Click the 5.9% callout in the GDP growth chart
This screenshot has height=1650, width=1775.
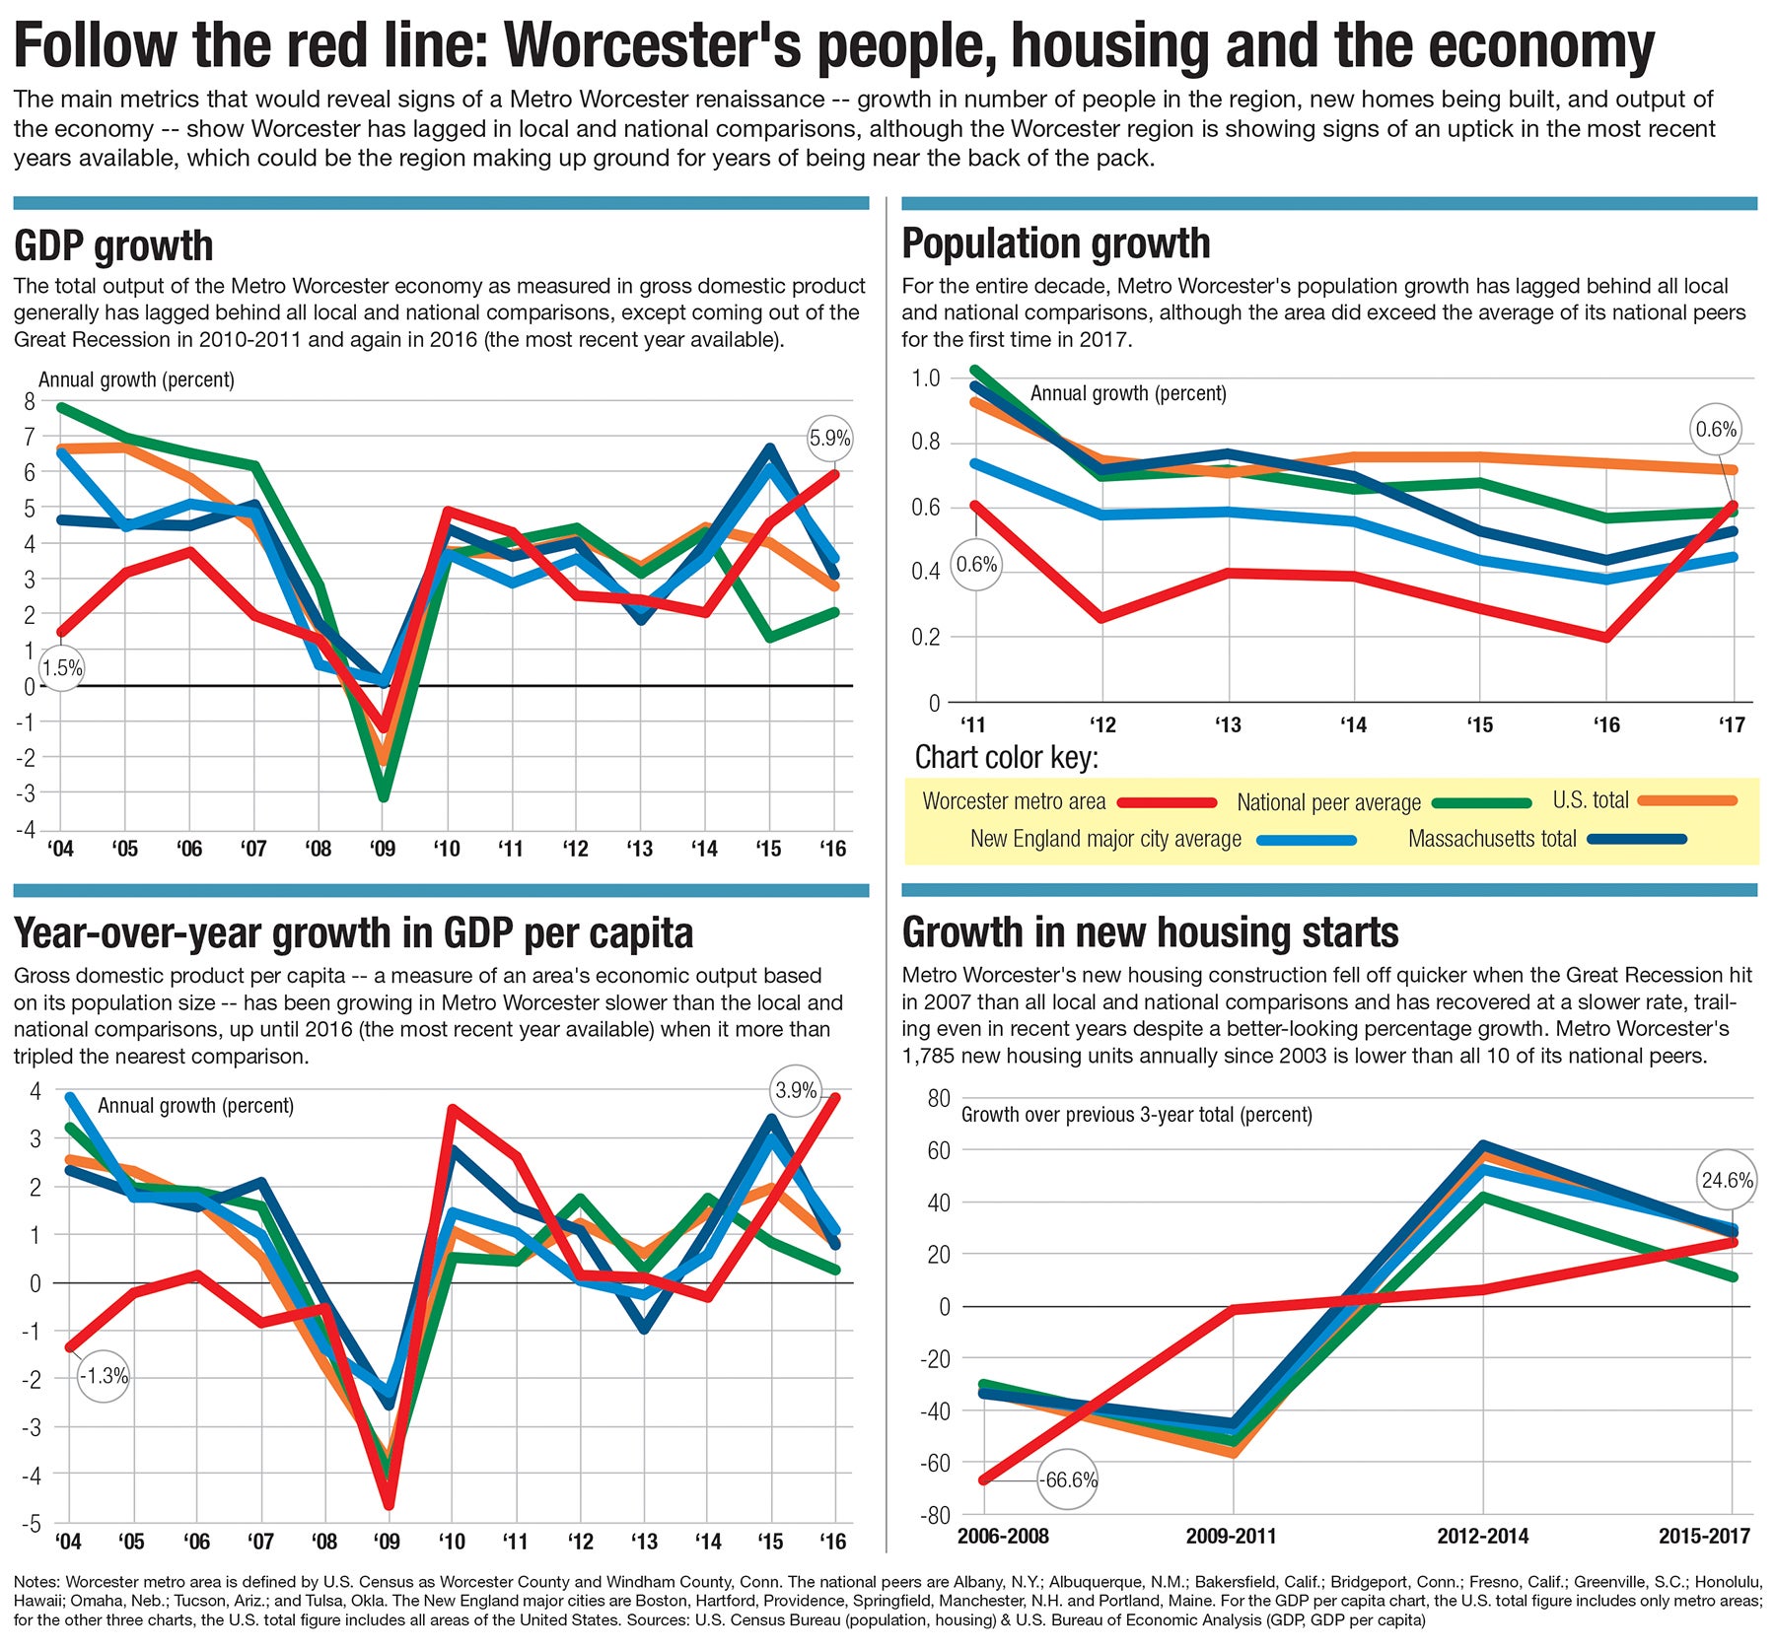[x=829, y=439]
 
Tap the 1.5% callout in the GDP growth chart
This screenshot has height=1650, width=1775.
[x=62, y=668]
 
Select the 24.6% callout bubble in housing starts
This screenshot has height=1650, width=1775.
[x=1727, y=1180]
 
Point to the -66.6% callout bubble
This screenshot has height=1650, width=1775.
[x=1068, y=1479]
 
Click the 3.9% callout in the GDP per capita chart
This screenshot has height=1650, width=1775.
[x=796, y=1090]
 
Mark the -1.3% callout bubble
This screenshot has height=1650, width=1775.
[x=104, y=1376]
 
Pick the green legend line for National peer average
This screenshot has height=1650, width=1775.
[x=1481, y=802]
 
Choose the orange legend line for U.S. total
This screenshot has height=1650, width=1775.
[x=1687, y=800]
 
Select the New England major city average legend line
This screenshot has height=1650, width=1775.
[x=1307, y=840]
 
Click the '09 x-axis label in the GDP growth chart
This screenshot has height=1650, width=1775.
[x=383, y=849]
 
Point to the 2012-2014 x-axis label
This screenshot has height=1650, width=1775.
[x=1482, y=1536]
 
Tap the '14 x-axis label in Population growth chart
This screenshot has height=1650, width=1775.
[x=1353, y=725]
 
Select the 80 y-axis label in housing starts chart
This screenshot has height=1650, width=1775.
[x=938, y=1098]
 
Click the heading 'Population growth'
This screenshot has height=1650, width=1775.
[x=1055, y=243]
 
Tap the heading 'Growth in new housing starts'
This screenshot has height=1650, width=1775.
[x=1150, y=932]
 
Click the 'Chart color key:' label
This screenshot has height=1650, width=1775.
[x=1006, y=757]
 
